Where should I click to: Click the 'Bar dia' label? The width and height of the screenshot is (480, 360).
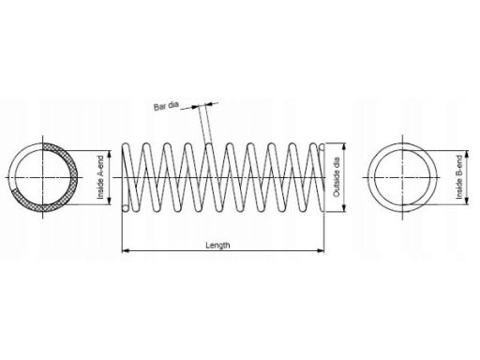[166, 106]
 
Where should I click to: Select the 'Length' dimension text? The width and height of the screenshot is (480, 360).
[217, 245]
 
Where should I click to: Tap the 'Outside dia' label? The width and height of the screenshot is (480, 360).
[337, 177]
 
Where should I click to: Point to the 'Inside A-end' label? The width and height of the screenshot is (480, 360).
[100, 177]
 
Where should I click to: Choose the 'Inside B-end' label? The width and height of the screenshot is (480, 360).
[459, 177]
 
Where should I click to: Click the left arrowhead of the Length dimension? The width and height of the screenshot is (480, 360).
[126, 250]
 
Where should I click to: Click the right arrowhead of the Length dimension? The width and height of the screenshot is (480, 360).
[321, 250]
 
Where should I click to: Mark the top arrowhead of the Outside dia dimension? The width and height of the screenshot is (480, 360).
[344, 147]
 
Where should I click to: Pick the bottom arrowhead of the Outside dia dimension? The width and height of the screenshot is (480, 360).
[344, 208]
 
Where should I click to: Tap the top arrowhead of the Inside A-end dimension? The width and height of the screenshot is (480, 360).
[110, 154]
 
